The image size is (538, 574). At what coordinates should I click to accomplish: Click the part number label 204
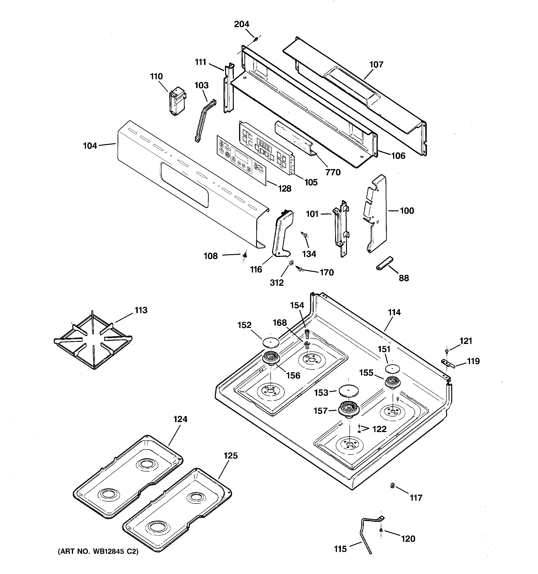[241, 24]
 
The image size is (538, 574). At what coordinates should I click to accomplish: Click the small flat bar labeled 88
[384, 263]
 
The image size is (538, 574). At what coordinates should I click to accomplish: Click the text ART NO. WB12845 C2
[98, 552]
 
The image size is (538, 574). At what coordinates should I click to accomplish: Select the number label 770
[333, 172]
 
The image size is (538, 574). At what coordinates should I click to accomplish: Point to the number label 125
[231, 456]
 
